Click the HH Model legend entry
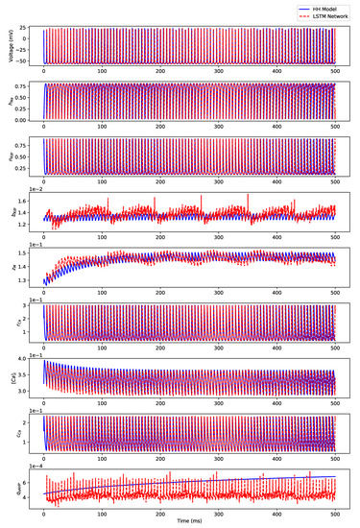[320, 6]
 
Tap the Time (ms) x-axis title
[189, 521]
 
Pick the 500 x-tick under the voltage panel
[334, 72]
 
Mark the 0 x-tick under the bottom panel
[44, 512]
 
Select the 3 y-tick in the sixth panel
[31, 311]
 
